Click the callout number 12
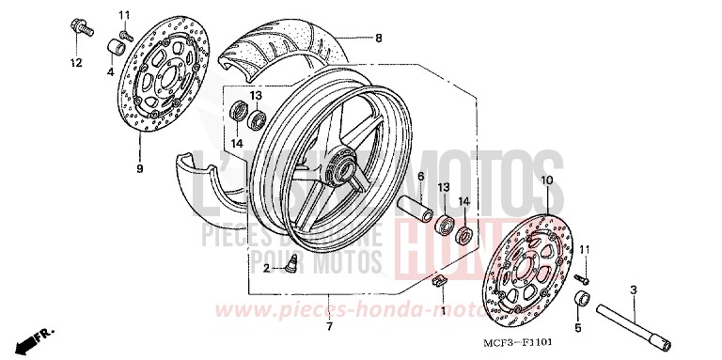tap(75, 63)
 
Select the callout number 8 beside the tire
tap(379, 39)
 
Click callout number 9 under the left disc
tap(139, 169)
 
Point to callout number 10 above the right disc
tap(546, 179)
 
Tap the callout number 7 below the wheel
tap(328, 326)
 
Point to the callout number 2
tap(266, 268)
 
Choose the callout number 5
tap(578, 328)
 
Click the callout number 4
tap(110, 71)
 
